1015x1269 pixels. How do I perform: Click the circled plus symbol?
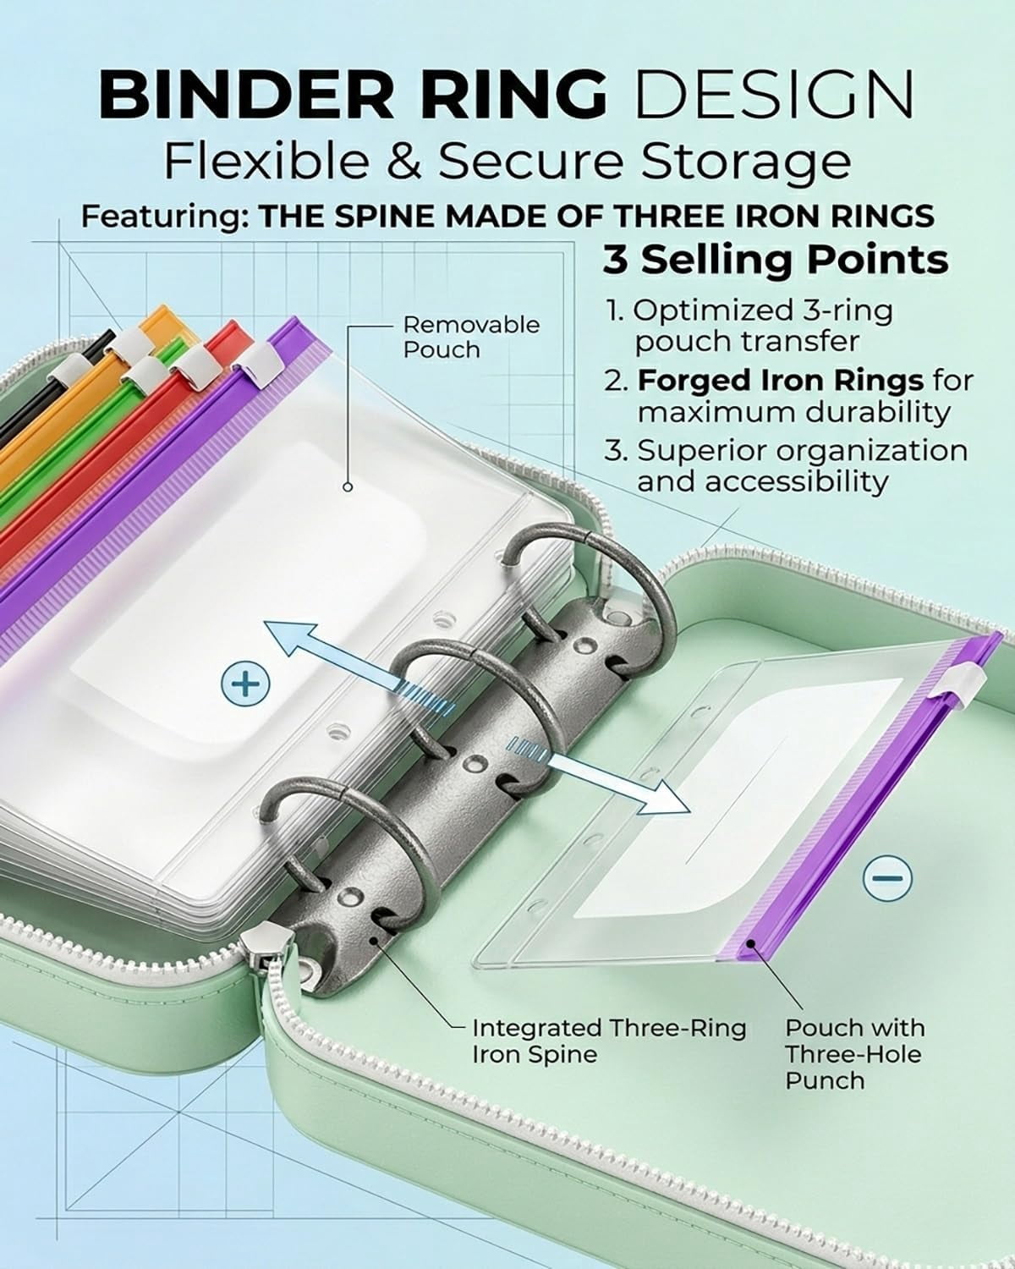245,684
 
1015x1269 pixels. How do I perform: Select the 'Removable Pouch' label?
471,338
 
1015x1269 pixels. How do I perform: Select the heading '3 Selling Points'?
776,259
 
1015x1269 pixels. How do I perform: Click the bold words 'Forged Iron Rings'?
781,381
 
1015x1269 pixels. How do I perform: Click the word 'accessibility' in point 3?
763,482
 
